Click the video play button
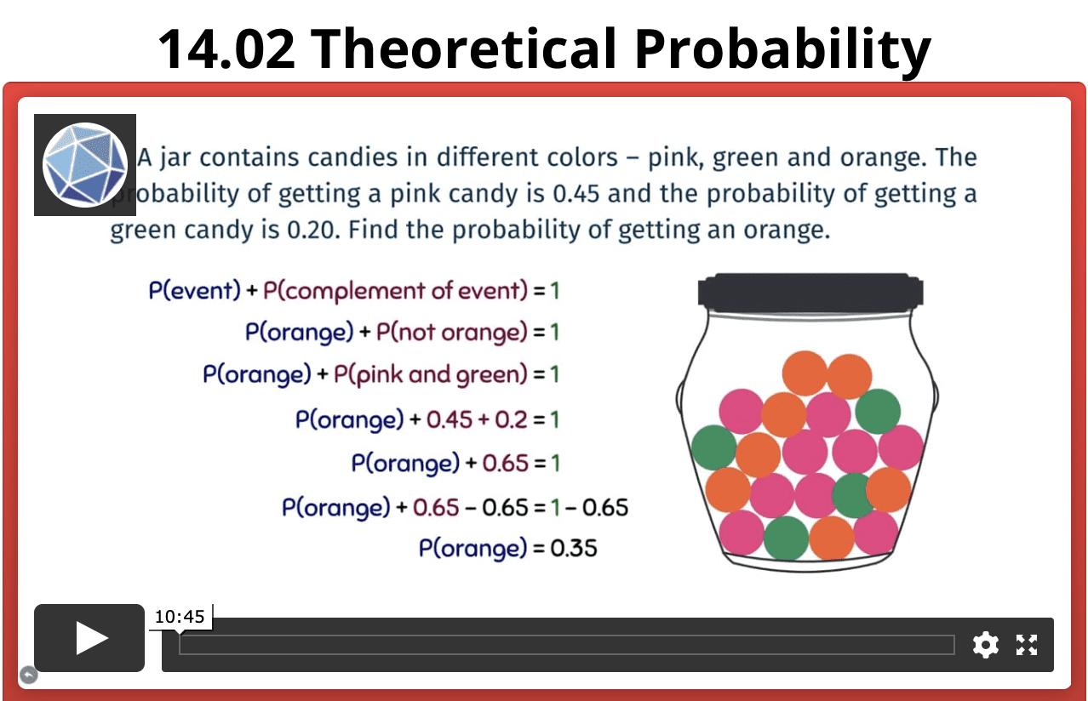(89, 638)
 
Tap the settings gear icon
(985, 645)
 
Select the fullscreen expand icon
(1027, 645)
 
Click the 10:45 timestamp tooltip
(180, 617)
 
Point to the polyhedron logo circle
(84, 164)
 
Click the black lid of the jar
(810, 291)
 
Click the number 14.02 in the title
(227, 48)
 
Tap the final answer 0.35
(574, 549)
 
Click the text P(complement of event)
(396, 291)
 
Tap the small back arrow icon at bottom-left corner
(28, 675)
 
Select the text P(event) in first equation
(195, 291)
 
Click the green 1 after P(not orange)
(553, 332)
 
